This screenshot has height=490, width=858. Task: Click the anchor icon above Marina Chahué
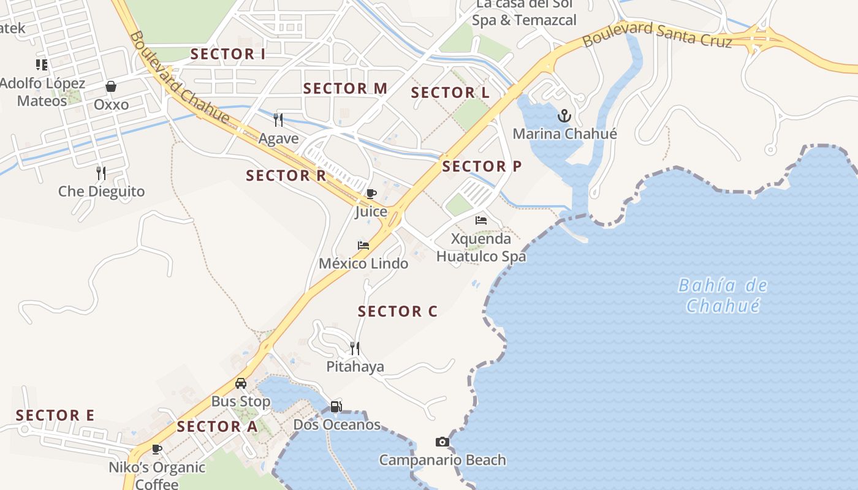[564, 116]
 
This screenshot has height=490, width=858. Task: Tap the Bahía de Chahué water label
[723, 295]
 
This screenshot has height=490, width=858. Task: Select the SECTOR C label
[397, 311]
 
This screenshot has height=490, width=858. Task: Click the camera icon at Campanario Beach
[442, 442]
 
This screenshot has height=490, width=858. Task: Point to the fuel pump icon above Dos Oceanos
[336, 406]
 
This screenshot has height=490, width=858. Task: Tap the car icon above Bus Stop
[241, 383]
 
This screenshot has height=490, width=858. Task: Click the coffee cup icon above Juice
[371, 194]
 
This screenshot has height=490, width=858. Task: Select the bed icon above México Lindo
[363, 246]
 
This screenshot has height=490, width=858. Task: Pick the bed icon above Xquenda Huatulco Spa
[481, 221]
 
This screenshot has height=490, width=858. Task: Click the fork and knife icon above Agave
[278, 119]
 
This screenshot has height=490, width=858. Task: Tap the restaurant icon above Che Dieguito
[101, 173]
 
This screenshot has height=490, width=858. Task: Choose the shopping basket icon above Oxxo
[111, 86]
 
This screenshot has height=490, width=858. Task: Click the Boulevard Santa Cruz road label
[657, 35]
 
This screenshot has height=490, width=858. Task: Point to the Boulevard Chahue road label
[180, 78]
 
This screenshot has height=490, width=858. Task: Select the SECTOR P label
[482, 166]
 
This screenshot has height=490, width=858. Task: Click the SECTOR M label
[345, 88]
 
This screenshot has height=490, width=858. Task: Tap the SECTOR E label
[55, 415]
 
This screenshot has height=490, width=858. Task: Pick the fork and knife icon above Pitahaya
[355, 349]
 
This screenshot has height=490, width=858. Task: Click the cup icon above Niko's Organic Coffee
[157, 449]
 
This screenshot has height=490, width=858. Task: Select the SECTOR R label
[286, 176]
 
